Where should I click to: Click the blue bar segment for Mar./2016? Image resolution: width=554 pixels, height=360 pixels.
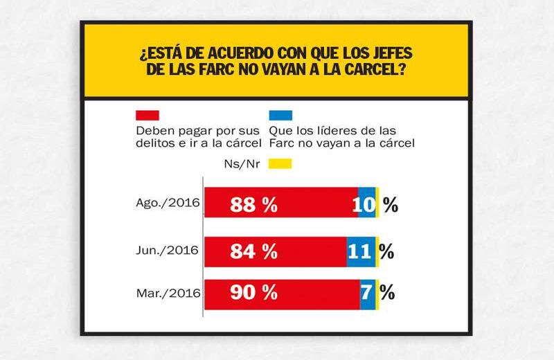368,293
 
